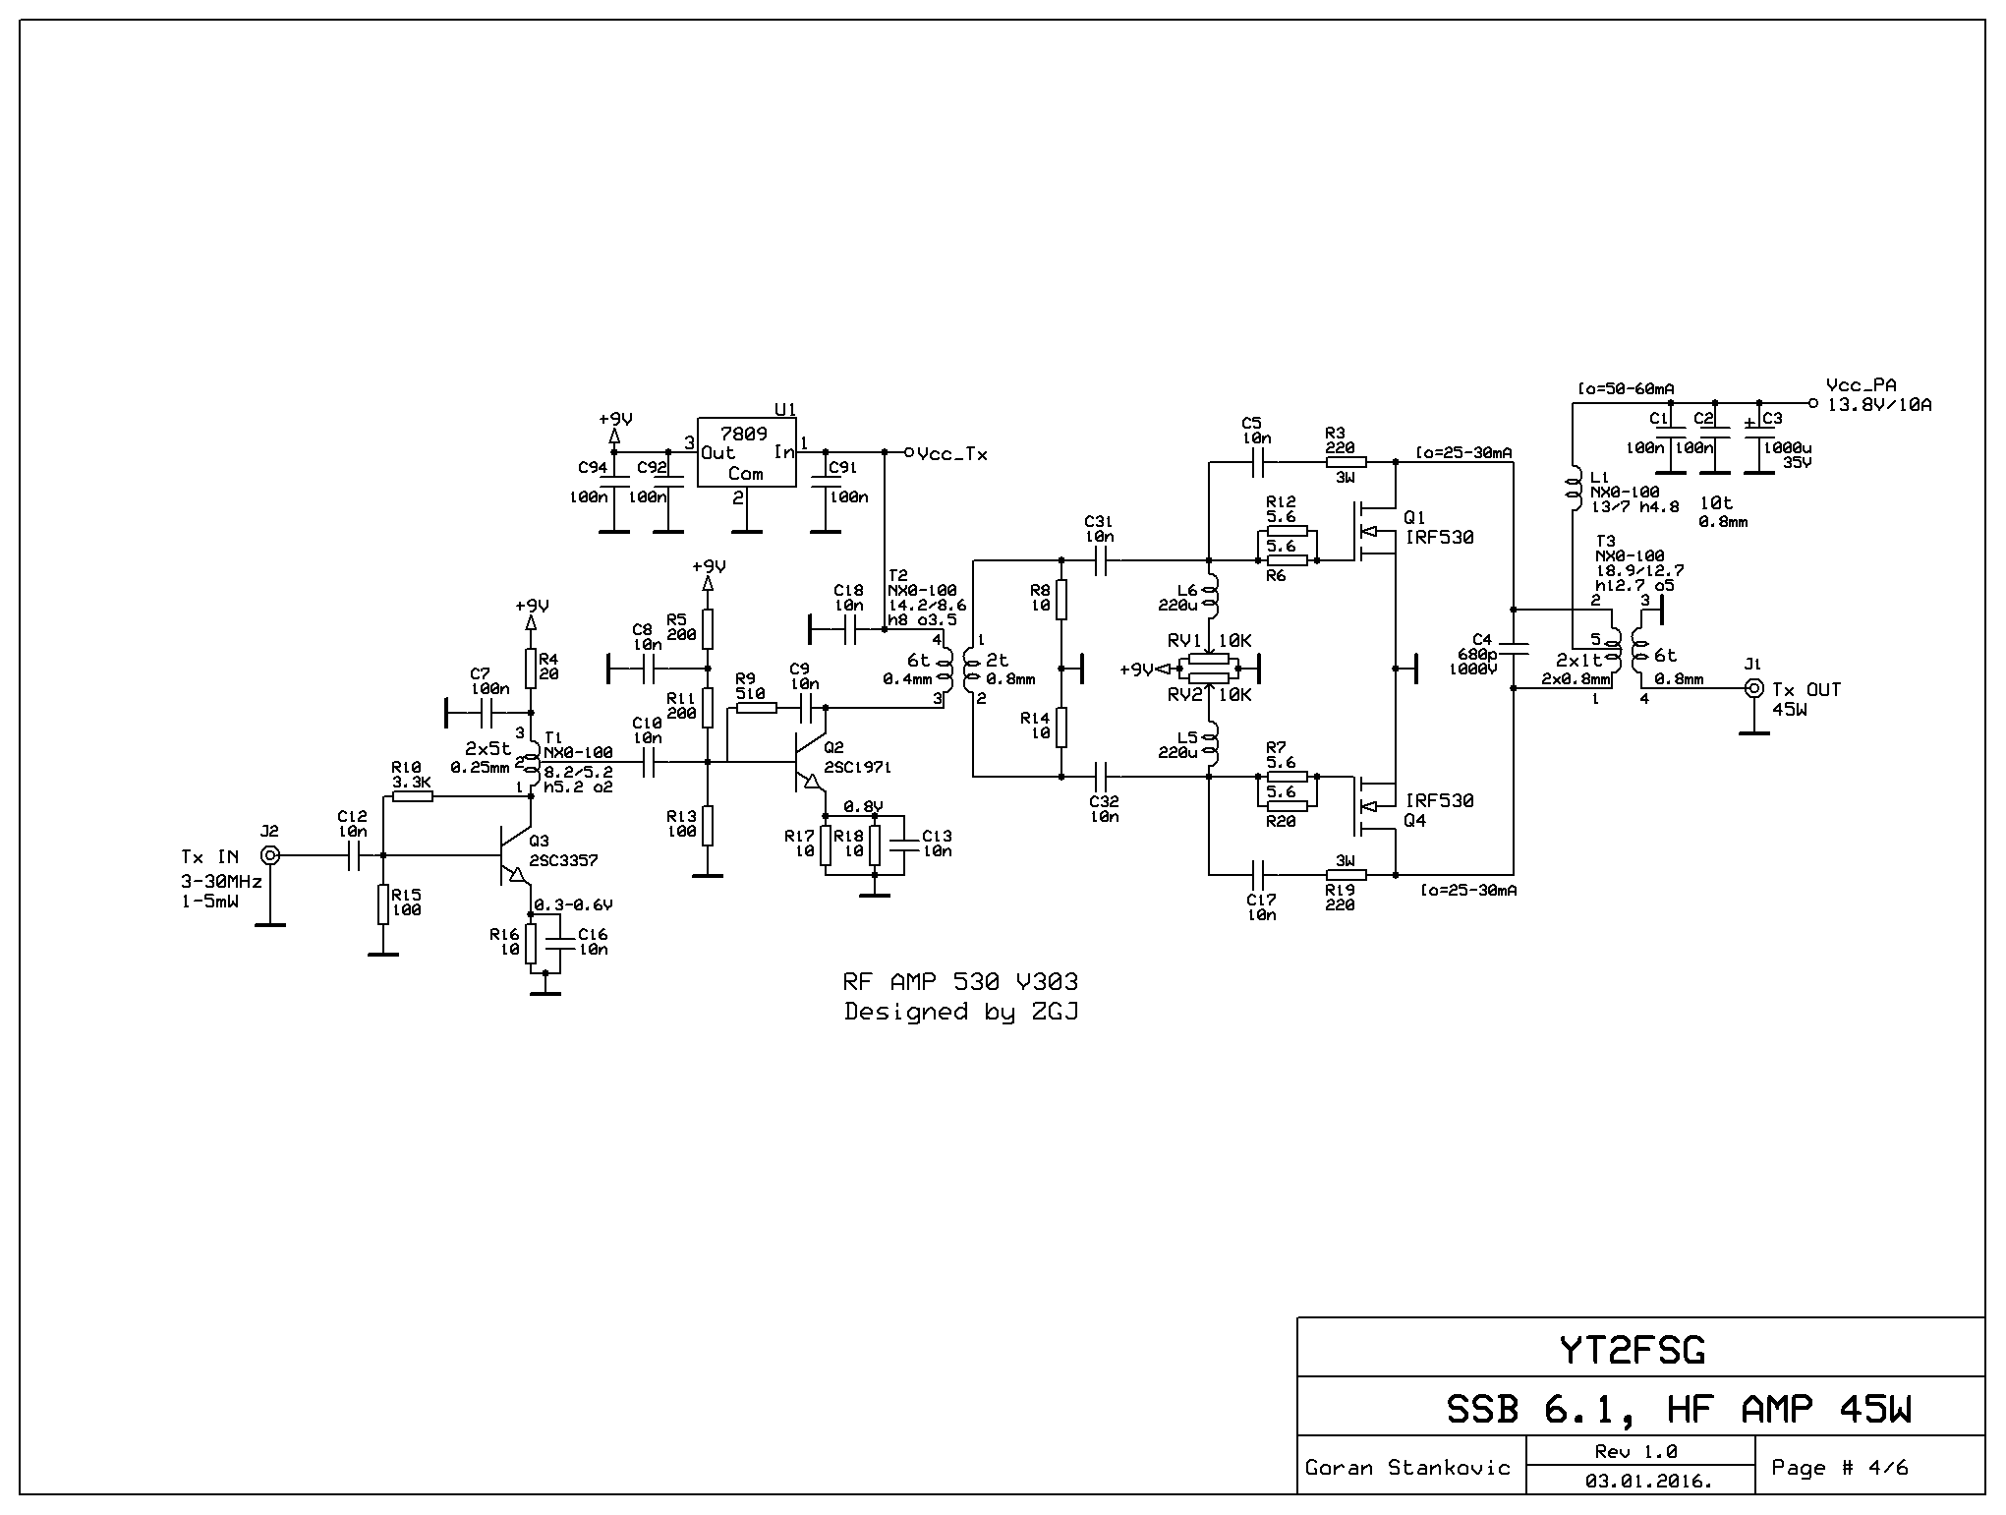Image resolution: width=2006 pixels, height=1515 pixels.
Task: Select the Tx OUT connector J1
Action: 1752,688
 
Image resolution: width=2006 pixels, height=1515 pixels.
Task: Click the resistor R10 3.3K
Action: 412,795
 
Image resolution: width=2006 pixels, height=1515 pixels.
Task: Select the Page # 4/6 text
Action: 1839,1467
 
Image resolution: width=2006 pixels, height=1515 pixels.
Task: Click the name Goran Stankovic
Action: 1406,1468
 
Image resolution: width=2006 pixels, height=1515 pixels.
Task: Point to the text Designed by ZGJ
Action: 960,1012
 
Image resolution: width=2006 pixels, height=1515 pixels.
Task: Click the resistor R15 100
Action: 383,903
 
